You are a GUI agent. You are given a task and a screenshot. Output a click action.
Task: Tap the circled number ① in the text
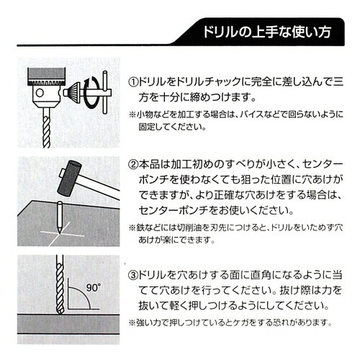tap(135, 78)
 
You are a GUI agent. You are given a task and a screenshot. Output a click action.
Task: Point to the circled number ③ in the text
tap(135, 274)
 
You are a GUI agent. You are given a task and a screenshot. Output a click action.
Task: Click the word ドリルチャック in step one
tap(209, 78)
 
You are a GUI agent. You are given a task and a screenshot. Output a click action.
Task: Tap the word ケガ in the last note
tap(258, 322)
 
